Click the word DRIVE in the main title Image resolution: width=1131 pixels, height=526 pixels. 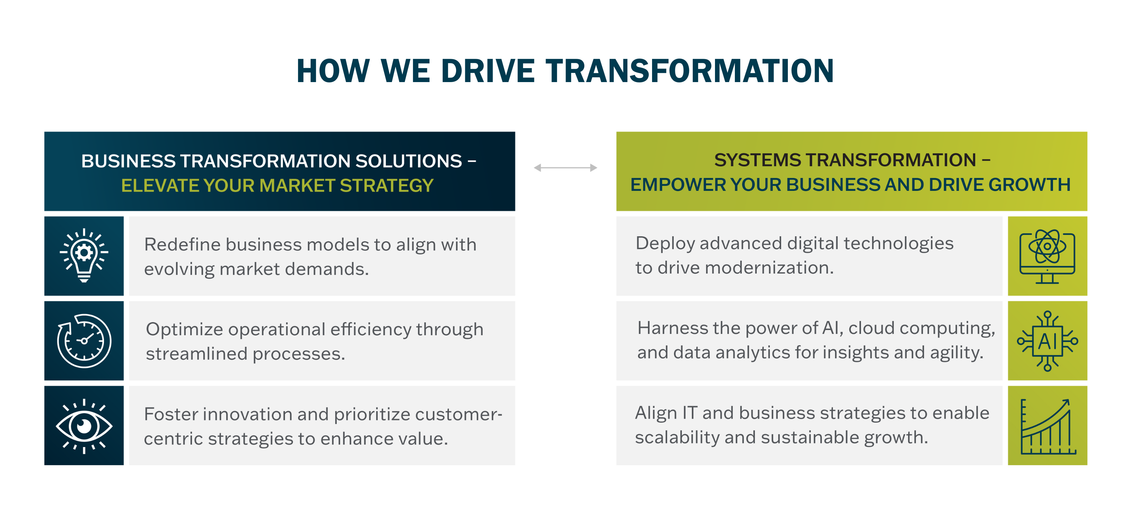tap(488, 71)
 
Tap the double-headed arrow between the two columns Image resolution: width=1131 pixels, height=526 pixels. tap(565, 168)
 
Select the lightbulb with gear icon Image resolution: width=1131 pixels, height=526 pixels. tap(84, 255)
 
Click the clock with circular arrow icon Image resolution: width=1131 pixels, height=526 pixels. tap(84, 341)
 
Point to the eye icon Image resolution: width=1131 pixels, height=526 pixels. tap(84, 426)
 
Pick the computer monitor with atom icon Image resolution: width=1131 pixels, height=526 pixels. tap(1047, 256)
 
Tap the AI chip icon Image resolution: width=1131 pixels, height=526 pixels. tap(1047, 341)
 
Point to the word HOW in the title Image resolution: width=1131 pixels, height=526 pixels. tap(333, 71)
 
